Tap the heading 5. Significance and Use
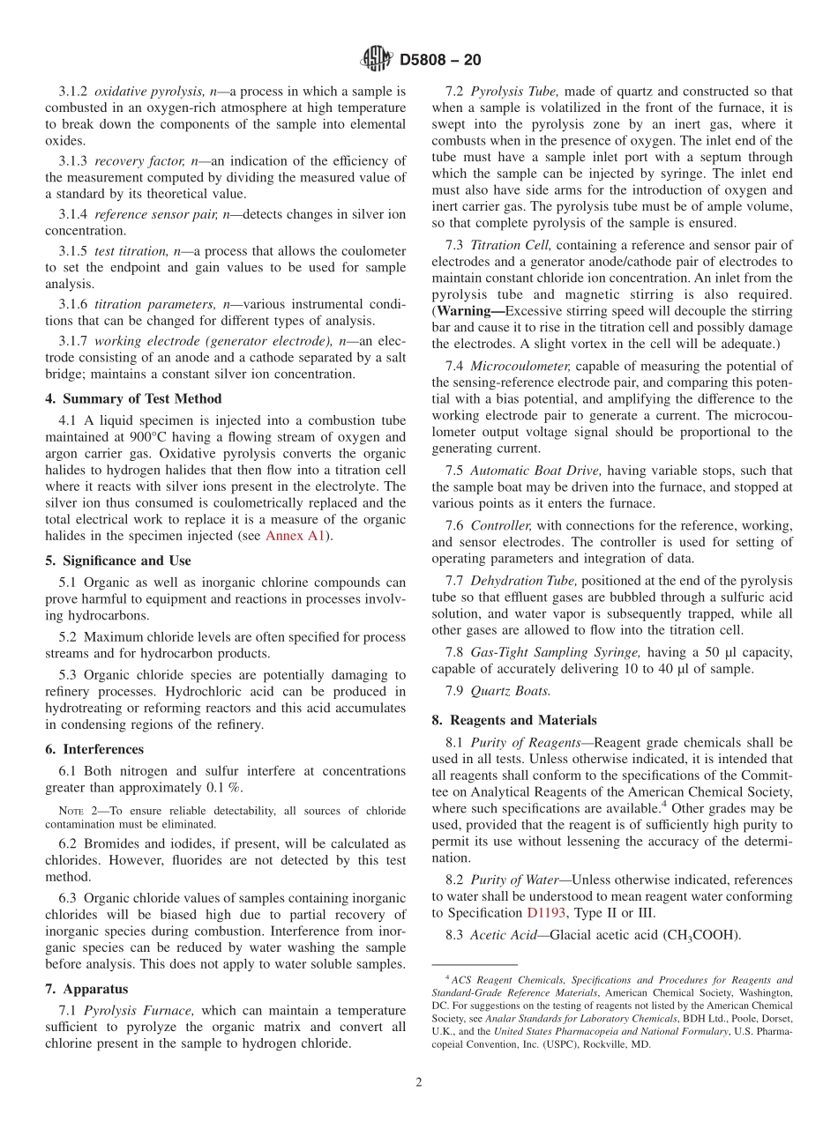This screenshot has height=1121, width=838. click(x=117, y=560)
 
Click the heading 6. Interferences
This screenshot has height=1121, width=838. click(x=94, y=749)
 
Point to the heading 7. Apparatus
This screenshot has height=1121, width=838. click(x=86, y=990)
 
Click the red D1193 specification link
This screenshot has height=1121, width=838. click(x=546, y=912)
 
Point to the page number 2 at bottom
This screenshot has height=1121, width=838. click(x=419, y=1082)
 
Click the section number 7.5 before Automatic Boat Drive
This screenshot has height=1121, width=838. click(x=455, y=471)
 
